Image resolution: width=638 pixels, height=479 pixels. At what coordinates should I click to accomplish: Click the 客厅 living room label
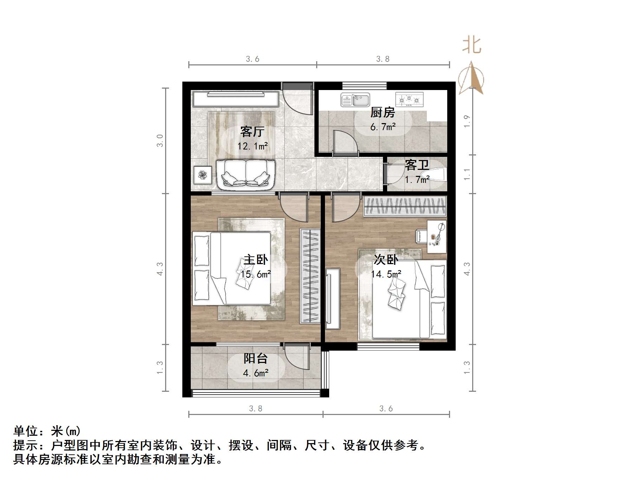click(252, 132)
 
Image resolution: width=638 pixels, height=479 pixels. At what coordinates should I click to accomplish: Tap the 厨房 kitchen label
click(383, 113)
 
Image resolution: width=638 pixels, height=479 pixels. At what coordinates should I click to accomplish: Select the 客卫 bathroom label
click(417, 165)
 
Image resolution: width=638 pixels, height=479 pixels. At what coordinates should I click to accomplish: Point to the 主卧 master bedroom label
click(255, 260)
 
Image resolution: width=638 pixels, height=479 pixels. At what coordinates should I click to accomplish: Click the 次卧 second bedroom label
click(385, 260)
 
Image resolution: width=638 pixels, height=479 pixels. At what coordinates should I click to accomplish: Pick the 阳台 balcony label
click(255, 358)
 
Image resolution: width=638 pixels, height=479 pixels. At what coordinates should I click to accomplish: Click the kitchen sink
click(355, 100)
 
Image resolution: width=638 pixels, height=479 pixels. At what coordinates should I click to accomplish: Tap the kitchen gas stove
click(409, 100)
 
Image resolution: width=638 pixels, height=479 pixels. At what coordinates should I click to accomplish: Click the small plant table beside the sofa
click(203, 175)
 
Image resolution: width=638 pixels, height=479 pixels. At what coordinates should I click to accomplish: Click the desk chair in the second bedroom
click(422, 236)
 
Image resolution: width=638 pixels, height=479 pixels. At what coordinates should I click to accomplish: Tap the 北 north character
click(471, 46)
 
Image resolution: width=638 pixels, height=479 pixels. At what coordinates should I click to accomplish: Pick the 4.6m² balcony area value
click(255, 373)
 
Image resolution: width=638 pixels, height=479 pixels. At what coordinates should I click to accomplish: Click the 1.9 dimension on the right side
click(467, 121)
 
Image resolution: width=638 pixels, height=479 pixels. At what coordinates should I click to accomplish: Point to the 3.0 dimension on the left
click(160, 141)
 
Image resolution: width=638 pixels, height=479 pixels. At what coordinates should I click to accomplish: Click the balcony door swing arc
click(297, 357)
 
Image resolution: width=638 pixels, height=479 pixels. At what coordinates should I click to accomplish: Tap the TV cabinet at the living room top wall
click(235, 99)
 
